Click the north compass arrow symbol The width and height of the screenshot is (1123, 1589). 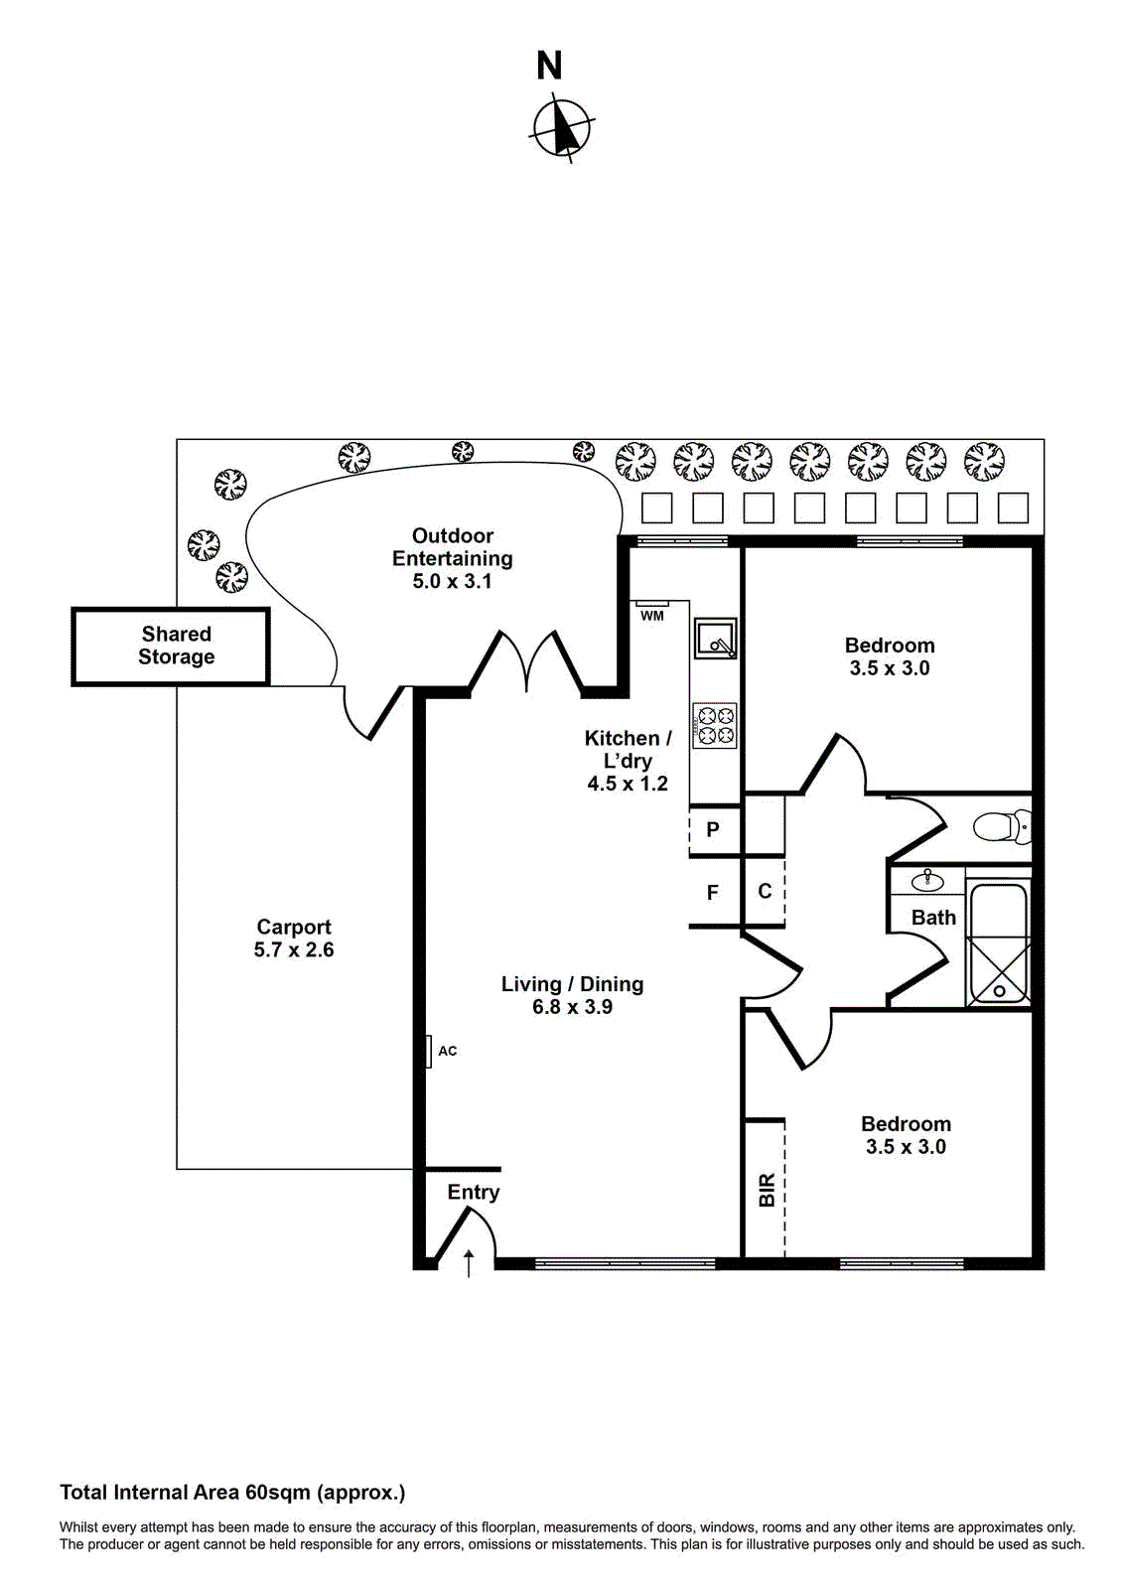[x=563, y=128]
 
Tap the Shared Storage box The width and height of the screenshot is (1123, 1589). [x=176, y=646]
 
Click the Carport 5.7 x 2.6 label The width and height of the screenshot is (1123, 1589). [x=294, y=939]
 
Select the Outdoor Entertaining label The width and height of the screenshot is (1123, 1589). [x=453, y=558]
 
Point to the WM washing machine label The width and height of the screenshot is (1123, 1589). [x=651, y=617]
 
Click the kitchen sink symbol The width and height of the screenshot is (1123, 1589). [x=716, y=638]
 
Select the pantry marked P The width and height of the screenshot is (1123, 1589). [x=713, y=829]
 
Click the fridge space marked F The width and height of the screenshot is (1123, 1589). [x=713, y=893]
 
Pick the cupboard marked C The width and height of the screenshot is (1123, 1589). [x=765, y=891]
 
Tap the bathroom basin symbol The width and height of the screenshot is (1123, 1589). [x=927, y=881]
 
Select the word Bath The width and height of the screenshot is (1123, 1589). [x=933, y=918]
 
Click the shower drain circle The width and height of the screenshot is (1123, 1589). [x=999, y=991]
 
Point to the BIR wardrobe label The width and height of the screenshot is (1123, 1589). [x=767, y=1190]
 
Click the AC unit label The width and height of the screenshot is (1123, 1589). [x=448, y=1051]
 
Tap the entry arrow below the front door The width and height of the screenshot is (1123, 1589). [x=469, y=1263]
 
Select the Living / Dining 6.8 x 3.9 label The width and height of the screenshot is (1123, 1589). [x=572, y=995]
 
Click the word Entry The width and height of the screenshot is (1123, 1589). [x=473, y=1192]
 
